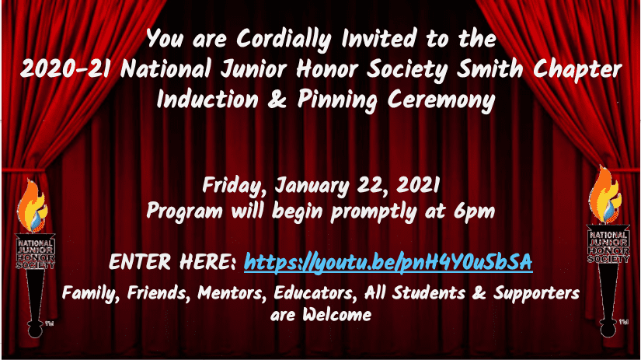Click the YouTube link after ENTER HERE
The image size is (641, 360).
pos(388,263)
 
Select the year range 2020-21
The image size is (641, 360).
pos(65,68)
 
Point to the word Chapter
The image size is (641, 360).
pos(577,70)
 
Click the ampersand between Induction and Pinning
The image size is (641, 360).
pos(277,100)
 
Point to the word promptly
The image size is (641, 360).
pos(373,213)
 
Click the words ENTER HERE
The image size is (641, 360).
pos(172,262)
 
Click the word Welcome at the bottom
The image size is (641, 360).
pos(337,315)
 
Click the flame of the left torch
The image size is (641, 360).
pos(32,207)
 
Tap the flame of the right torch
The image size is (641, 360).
pos(604,195)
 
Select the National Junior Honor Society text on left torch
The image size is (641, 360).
pos(36,254)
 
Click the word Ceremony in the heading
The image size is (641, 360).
pos(441,101)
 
